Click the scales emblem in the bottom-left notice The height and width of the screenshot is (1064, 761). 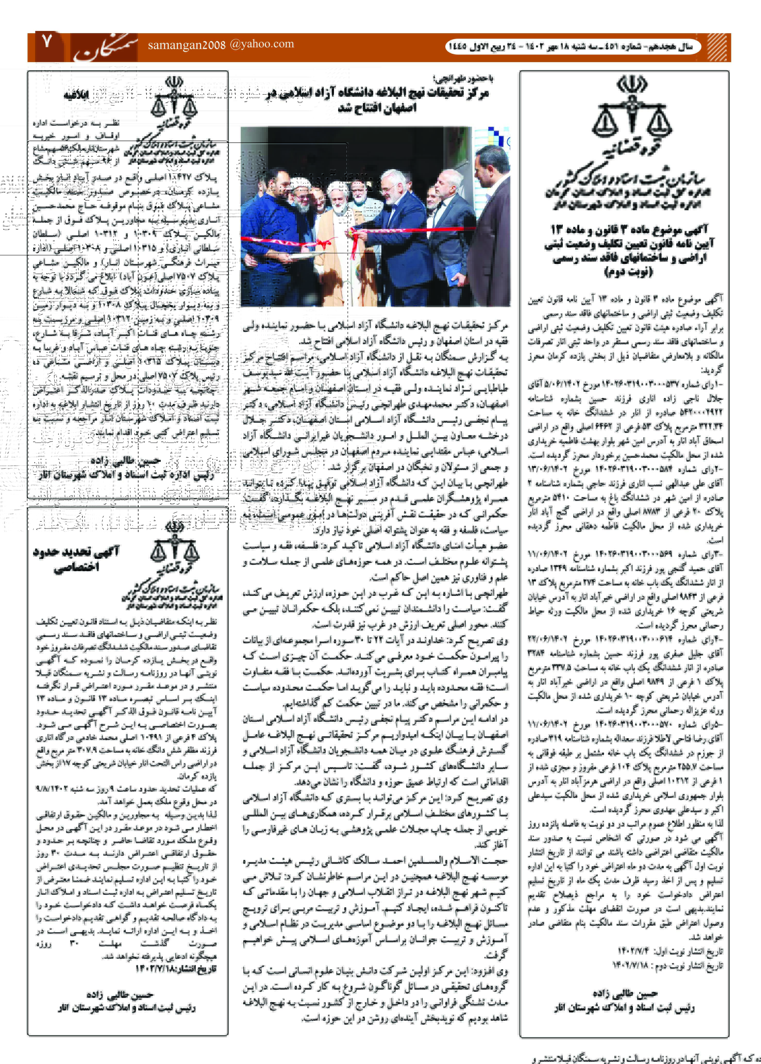tap(174, 548)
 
